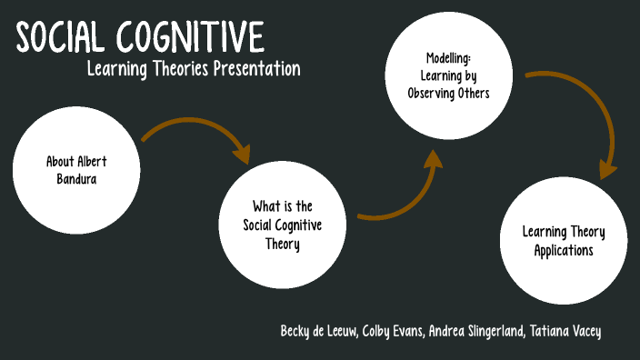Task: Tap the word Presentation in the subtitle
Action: point(256,69)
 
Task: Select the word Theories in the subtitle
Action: point(174,69)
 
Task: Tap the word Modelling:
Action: point(452,57)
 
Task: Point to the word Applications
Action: point(564,249)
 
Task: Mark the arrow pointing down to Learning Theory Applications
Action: point(582,114)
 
